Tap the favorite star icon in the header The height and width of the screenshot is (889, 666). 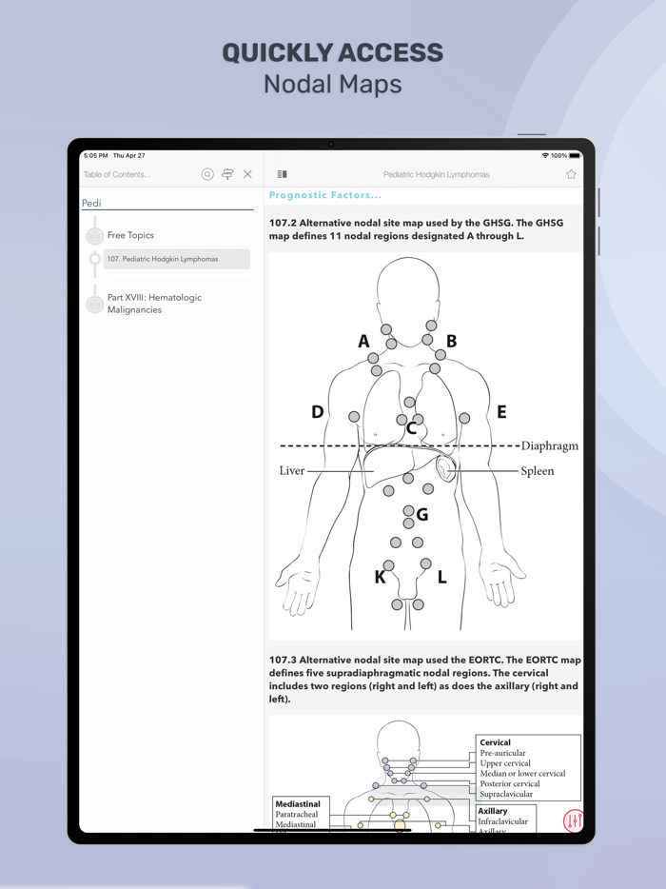click(x=571, y=174)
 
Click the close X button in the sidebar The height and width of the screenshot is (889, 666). click(x=248, y=174)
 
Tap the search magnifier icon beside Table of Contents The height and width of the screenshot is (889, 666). click(x=207, y=174)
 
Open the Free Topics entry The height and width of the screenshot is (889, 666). click(x=130, y=235)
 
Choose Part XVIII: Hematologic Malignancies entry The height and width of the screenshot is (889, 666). click(x=154, y=304)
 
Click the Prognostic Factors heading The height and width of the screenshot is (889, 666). click(x=325, y=195)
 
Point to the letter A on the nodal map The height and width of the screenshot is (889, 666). click(x=363, y=342)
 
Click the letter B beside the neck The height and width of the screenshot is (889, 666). click(x=452, y=341)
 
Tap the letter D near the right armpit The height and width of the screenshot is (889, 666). click(x=318, y=412)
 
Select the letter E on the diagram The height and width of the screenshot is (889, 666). click(x=501, y=412)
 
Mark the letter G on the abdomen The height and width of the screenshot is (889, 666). click(x=421, y=515)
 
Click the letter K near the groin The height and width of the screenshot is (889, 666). click(x=381, y=577)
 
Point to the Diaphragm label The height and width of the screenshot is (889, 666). click(x=549, y=445)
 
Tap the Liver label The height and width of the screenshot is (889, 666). click(x=292, y=471)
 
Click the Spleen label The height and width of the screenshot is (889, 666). click(x=537, y=471)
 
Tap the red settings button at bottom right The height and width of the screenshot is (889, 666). click(x=573, y=820)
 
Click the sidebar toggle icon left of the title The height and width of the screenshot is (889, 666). click(x=282, y=174)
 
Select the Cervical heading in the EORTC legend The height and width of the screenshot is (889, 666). click(x=495, y=742)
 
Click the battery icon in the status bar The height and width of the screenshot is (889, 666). click(x=575, y=155)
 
